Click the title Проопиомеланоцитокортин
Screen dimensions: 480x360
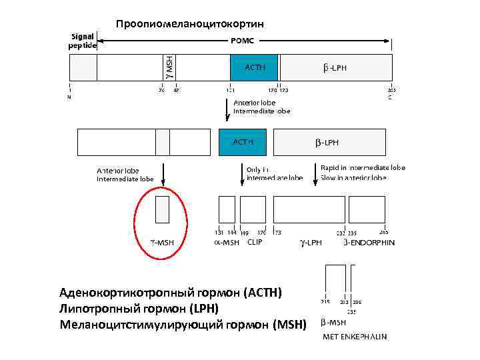[x=190, y=24]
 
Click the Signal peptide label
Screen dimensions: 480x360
[x=83, y=41]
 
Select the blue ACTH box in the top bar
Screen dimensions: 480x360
[x=255, y=67]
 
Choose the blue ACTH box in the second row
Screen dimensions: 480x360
[x=242, y=142]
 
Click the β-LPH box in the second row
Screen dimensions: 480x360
[x=329, y=142]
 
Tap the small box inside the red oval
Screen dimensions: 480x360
[x=162, y=209]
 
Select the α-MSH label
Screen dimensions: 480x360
[x=226, y=243]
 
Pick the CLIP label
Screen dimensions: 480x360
[x=255, y=242]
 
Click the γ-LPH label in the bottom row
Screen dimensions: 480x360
[x=311, y=243]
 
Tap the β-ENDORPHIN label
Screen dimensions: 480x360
[x=369, y=243]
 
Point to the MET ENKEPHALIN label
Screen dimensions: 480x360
[x=355, y=337]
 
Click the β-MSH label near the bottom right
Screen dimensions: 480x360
[x=333, y=324]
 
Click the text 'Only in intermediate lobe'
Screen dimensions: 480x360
[x=274, y=174]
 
